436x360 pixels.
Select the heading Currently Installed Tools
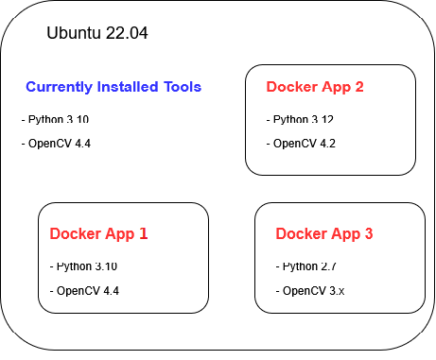point(113,87)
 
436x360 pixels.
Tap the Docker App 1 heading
point(98,233)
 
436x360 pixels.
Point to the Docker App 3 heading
point(324,233)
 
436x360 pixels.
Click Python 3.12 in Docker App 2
point(303,120)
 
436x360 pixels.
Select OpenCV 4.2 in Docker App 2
point(303,144)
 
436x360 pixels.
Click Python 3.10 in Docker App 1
point(86,266)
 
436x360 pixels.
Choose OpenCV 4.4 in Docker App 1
point(85,290)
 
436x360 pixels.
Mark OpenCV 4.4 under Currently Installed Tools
point(57,144)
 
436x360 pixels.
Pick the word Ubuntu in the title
point(72,33)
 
